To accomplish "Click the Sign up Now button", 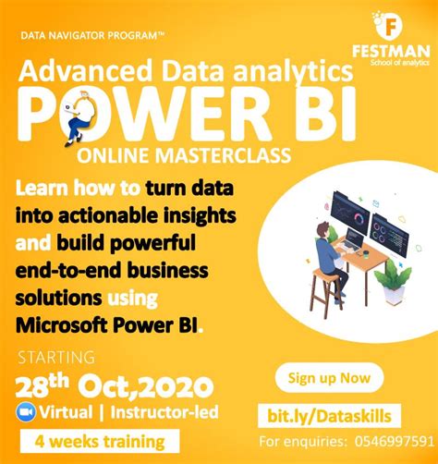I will (x=329, y=377).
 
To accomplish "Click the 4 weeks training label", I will (x=96, y=442).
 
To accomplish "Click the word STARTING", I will (x=55, y=356).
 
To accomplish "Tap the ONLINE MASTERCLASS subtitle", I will (x=193, y=153).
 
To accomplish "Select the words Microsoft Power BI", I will (x=107, y=325).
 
